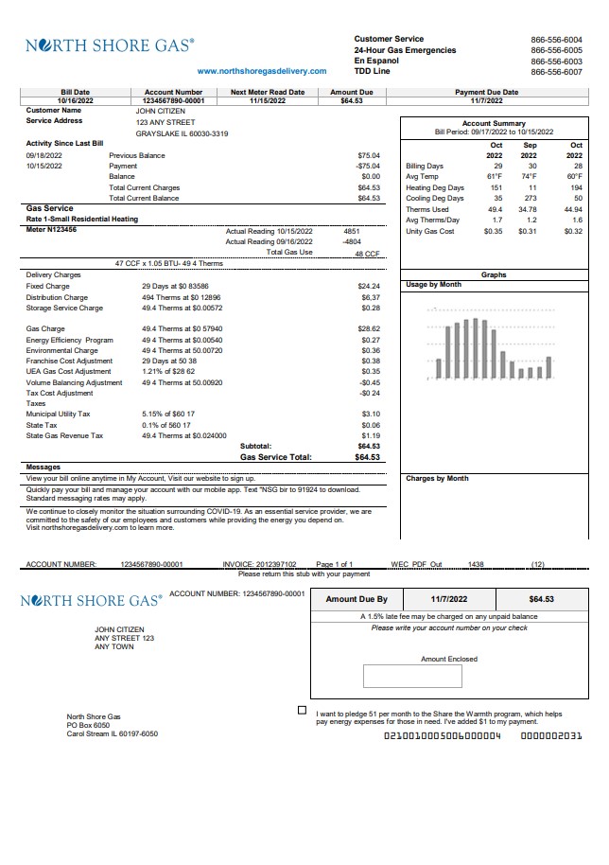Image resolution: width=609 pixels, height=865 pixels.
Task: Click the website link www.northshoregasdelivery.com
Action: (262, 71)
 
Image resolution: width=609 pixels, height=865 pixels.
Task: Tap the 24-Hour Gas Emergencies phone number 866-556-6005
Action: (556, 50)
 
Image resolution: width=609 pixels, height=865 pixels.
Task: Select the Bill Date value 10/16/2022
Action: (75, 99)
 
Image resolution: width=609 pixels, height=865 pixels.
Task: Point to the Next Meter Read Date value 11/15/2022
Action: (268, 99)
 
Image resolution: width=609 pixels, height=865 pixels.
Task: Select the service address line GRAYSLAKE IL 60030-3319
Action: (182, 133)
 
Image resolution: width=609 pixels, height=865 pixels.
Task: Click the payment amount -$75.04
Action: (368, 166)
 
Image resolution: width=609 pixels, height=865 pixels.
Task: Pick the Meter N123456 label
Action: (51, 229)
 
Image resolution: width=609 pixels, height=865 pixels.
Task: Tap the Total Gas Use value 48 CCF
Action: (367, 254)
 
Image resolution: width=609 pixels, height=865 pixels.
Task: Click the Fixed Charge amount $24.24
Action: (369, 286)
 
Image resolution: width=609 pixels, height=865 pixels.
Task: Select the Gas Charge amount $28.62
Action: (369, 328)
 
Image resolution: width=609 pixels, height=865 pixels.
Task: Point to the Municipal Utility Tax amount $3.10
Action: (371, 415)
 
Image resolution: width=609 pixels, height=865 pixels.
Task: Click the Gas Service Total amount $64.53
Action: (367, 456)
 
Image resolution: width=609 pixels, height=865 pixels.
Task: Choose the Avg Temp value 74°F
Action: (529, 177)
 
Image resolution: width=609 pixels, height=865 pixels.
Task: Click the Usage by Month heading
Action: (433, 285)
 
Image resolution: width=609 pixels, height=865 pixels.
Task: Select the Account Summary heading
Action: (494, 124)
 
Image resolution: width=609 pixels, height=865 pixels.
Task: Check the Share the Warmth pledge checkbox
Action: (303, 710)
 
